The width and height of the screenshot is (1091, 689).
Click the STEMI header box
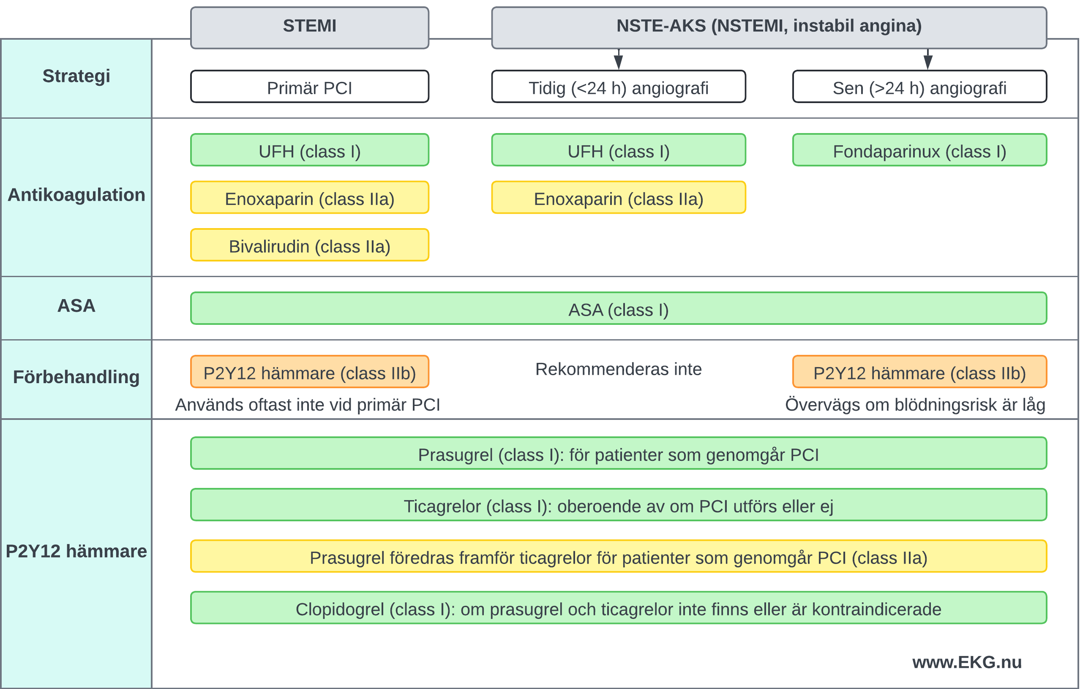click(309, 27)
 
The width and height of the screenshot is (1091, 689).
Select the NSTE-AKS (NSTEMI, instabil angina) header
click(769, 27)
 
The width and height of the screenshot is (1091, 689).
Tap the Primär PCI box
click(309, 87)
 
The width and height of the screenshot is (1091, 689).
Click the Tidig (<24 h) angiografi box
click(619, 87)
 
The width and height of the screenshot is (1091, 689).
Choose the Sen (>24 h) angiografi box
click(919, 87)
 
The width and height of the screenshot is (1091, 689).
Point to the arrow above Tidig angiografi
click(619, 59)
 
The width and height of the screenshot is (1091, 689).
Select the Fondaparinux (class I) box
click(919, 150)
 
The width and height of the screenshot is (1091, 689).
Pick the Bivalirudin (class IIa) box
click(309, 245)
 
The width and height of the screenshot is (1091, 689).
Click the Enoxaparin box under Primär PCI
click(309, 198)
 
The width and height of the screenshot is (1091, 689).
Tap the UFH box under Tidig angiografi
click(619, 150)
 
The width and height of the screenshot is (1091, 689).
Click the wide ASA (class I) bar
click(619, 308)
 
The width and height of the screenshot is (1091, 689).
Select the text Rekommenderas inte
click(619, 369)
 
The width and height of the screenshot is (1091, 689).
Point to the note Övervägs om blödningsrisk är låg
click(915, 405)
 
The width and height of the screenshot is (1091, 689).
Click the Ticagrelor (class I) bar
click(619, 505)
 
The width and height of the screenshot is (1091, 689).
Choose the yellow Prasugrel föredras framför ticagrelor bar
click(619, 556)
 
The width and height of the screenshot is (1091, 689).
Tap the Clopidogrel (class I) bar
click(619, 608)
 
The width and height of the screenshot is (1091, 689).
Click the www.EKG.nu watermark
click(967, 662)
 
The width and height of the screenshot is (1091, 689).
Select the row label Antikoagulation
click(76, 195)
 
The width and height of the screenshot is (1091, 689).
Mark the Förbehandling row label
click(76, 377)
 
